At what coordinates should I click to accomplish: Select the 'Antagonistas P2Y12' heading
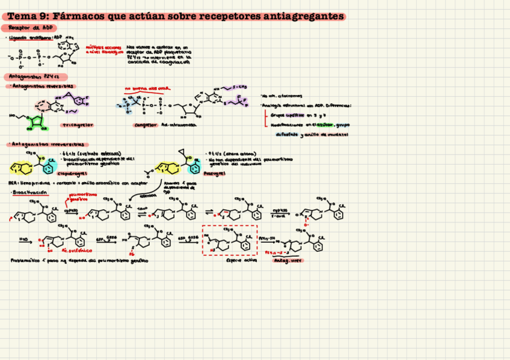[x=35, y=77]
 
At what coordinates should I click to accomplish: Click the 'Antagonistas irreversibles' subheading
[x=48, y=145]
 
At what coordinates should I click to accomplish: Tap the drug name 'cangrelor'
[x=146, y=125]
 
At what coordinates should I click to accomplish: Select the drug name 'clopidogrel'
[x=69, y=173]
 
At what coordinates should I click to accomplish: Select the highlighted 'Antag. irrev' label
[x=287, y=261]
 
